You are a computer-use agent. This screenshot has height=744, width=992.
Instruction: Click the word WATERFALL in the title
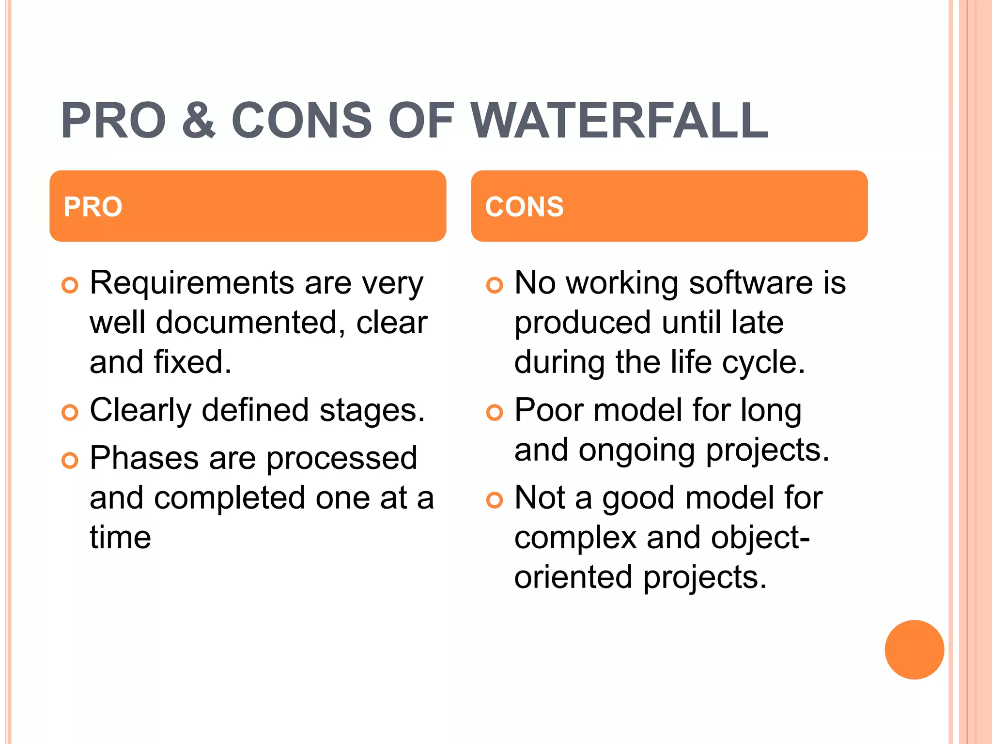tap(620, 121)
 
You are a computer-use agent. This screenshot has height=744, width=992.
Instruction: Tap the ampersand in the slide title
tap(199, 121)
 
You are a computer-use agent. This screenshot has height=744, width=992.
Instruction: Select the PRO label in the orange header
tap(93, 207)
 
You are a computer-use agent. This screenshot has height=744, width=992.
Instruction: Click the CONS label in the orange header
tap(525, 207)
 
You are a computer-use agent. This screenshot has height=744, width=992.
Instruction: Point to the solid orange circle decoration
tap(914, 650)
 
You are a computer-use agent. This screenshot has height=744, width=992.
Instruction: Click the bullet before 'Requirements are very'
tap(70, 285)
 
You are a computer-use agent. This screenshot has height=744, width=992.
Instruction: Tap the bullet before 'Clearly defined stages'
tap(70, 413)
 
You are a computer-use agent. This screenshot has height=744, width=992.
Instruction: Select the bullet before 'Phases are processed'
tap(70, 460)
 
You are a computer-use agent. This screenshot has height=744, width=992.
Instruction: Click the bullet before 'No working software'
tap(495, 285)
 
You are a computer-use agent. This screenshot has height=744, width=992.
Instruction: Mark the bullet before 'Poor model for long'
tap(495, 413)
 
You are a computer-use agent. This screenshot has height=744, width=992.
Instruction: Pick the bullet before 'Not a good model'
tap(495, 500)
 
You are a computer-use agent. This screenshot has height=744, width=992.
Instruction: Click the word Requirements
tap(192, 283)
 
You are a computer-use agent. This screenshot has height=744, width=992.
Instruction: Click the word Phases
tap(144, 458)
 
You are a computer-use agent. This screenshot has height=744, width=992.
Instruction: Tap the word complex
tap(575, 538)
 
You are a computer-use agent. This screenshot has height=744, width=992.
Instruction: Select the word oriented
tap(573, 577)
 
